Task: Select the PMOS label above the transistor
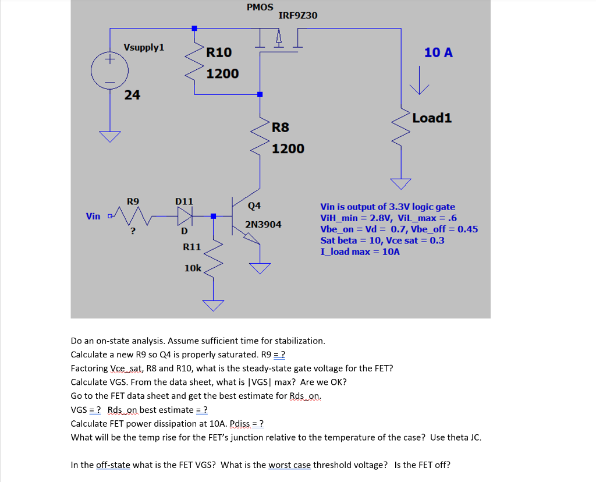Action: (x=260, y=7)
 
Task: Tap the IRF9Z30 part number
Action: (x=298, y=15)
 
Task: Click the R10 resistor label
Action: (x=219, y=52)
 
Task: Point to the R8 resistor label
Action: (x=281, y=127)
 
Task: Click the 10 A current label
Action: (x=438, y=52)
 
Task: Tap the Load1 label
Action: (x=432, y=118)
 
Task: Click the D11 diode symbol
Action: (x=184, y=216)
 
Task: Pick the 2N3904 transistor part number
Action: (x=263, y=224)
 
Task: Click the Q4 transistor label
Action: (x=254, y=205)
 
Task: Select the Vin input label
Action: (x=93, y=216)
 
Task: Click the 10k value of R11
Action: (x=193, y=268)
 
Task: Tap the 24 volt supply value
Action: (x=132, y=95)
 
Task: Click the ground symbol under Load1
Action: (x=400, y=183)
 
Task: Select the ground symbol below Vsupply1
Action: (x=109, y=137)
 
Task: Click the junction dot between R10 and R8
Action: (x=260, y=94)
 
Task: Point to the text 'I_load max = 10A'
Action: (x=360, y=251)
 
